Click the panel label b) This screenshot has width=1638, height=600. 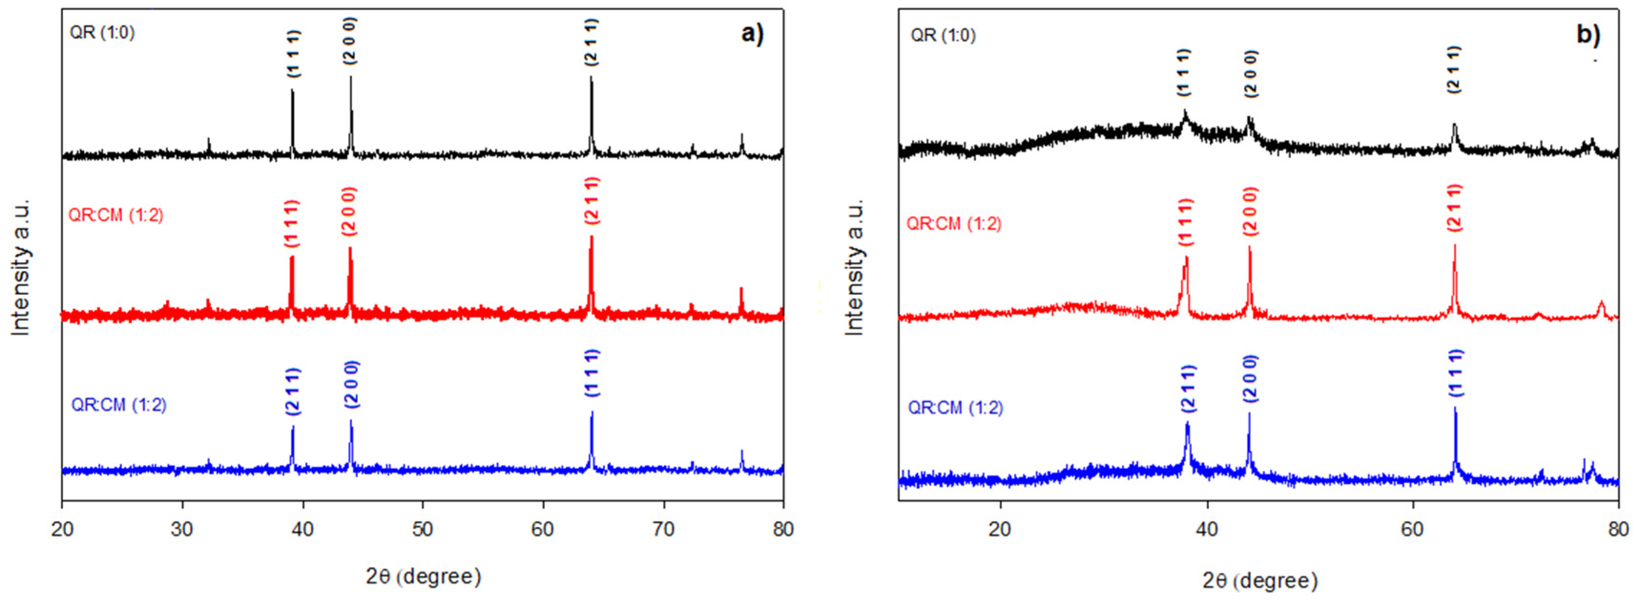[x=1588, y=34]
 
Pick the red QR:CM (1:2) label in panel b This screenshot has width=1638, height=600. [x=954, y=224]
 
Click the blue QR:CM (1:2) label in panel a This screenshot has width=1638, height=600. [x=119, y=405]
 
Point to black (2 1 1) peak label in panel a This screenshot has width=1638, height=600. [x=591, y=42]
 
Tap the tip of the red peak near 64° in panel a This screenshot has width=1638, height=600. [x=591, y=237]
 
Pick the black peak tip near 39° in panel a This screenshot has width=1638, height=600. [x=292, y=90]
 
